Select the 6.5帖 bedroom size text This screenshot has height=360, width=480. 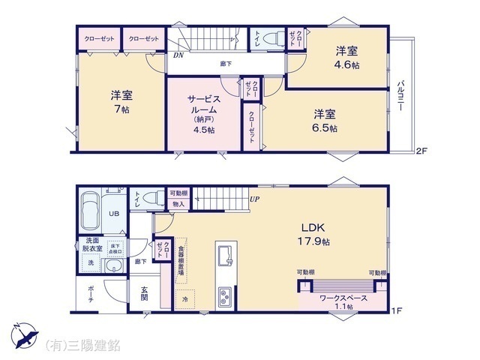click(x=325, y=121)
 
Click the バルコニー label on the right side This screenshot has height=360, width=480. click(x=401, y=95)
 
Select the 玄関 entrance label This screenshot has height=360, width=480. click(x=144, y=292)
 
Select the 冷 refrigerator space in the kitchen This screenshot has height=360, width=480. click(x=184, y=299)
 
